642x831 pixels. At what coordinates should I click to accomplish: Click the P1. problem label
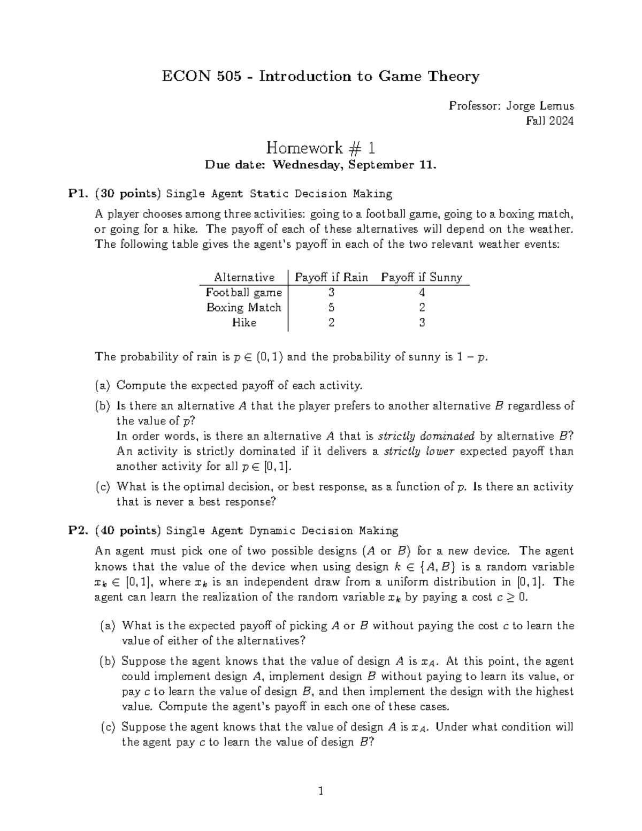pos(78,194)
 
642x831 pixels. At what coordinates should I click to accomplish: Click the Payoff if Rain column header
pos(332,277)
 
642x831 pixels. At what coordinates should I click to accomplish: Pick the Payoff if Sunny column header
pos(422,277)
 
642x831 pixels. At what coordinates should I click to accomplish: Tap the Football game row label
pos(243,292)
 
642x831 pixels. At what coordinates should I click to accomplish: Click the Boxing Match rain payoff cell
pos(332,308)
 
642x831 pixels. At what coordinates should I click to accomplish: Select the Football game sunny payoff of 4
pos(422,292)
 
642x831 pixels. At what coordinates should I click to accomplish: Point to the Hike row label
pos(244,323)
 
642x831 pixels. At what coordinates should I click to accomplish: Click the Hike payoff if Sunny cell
pos(422,323)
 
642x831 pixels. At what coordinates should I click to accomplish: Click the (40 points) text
pos(127,531)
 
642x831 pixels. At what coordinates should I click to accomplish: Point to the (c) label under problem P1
pos(103,487)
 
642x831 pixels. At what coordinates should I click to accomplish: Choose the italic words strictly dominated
pos(426,436)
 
